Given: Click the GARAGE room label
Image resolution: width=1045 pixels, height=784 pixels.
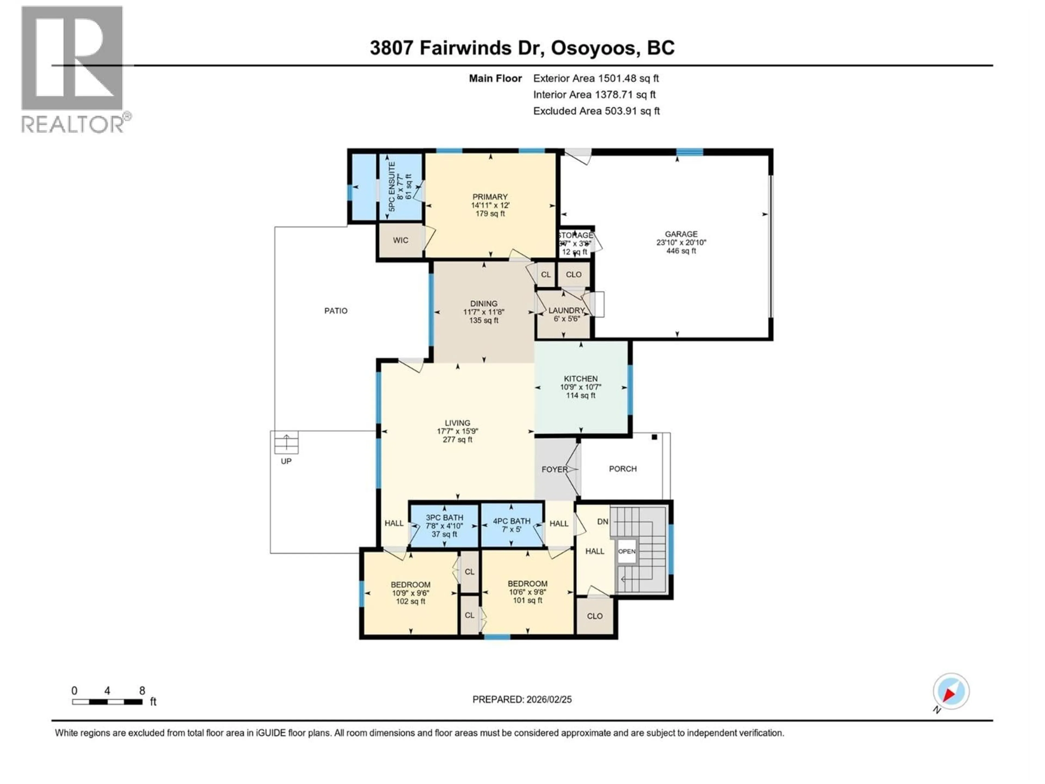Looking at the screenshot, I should click(681, 234).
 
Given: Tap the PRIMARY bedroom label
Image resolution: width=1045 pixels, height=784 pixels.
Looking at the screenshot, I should click(490, 197).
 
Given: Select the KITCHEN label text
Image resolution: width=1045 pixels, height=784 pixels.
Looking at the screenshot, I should click(581, 379).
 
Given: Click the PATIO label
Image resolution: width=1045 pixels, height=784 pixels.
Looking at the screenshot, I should click(336, 311).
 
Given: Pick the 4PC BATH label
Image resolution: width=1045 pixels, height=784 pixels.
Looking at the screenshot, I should click(512, 521).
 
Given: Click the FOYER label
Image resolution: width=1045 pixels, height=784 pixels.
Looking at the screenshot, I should click(554, 469).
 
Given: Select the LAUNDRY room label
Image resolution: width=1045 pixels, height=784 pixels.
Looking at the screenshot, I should click(566, 311).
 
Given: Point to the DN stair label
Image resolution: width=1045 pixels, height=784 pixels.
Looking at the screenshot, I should click(602, 521).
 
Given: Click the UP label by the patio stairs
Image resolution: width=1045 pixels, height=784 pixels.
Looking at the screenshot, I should click(286, 461).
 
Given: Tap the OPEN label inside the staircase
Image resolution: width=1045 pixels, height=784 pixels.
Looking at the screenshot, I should click(626, 552).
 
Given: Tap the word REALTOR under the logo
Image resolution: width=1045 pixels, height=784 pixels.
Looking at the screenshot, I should click(73, 124).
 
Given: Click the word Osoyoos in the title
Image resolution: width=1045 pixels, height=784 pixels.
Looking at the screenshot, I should click(593, 48).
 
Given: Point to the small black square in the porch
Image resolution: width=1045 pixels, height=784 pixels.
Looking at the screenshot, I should click(654, 437).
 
